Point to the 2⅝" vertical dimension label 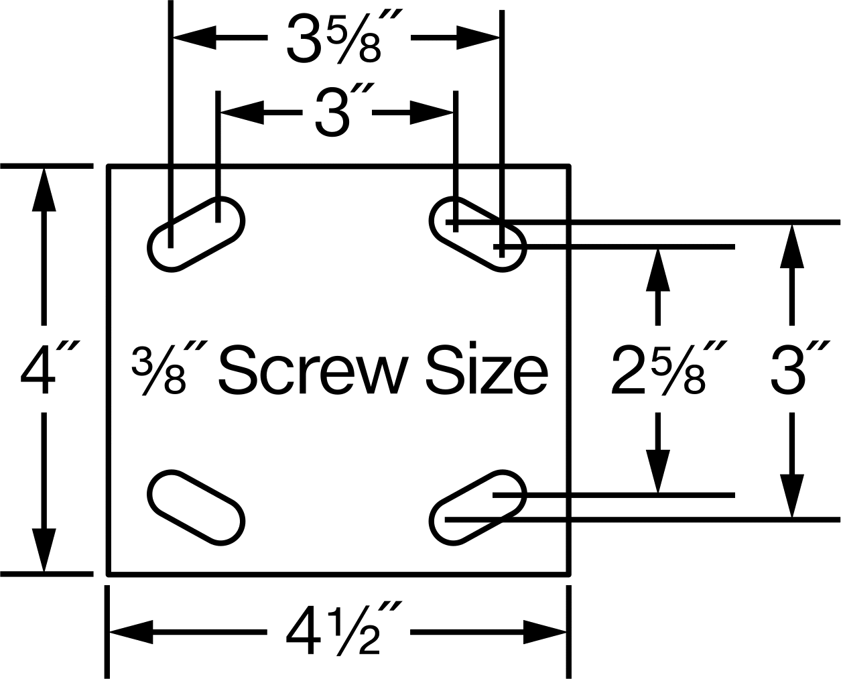(x=669, y=369)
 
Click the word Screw (x=312, y=369)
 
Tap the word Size (x=487, y=369)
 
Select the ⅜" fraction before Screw (x=170, y=369)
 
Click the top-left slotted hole (x=196, y=234)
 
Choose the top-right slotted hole (x=478, y=234)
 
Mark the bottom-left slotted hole (x=196, y=507)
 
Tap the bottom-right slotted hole (x=478, y=507)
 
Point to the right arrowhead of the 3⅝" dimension (x=478, y=38)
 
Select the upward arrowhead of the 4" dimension (x=44, y=190)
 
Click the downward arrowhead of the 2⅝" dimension (x=658, y=471)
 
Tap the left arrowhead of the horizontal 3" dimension (x=242, y=113)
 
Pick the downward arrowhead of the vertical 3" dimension (x=792, y=496)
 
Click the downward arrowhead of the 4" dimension (x=44, y=550)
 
